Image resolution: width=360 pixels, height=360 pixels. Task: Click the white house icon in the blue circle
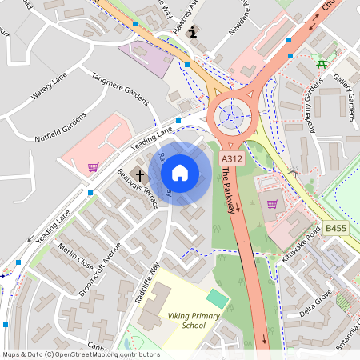coord(180,172)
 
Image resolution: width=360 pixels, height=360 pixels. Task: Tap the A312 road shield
coord(232,159)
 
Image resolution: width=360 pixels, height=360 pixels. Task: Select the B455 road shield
coord(335,229)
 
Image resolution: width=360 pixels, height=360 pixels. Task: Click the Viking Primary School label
coord(182,321)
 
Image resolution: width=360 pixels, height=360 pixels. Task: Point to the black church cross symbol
coord(140,174)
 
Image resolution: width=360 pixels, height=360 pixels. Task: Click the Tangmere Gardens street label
coord(121,89)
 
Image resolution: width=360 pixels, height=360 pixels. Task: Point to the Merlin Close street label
coord(76,257)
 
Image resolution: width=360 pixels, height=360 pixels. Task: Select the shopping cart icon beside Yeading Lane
coord(94,167)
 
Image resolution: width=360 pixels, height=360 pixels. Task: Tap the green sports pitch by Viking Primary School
coord(217,298)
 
